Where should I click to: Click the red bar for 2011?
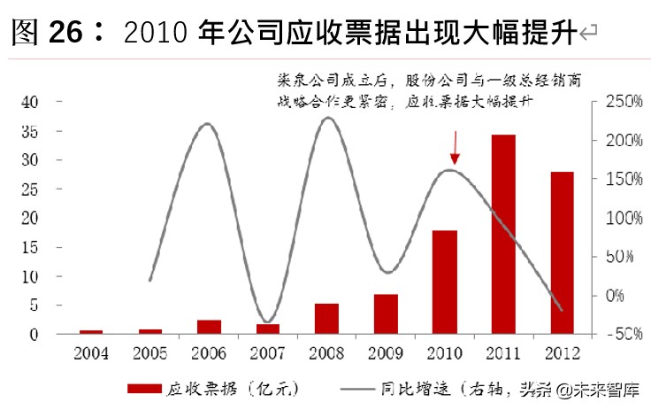(503, 235)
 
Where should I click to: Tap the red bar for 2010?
(445, 282)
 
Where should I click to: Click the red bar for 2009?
(386, 314)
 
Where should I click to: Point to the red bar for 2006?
(210, 327)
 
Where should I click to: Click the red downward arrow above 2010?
(455, 148)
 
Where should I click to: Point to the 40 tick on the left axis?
(31, 102)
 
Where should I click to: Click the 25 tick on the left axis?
(31, 189)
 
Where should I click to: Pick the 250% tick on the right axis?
(624, 102)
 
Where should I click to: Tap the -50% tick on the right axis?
(622, 334)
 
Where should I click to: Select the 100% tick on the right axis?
(624, 218)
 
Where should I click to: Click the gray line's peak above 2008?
(327, 118)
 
